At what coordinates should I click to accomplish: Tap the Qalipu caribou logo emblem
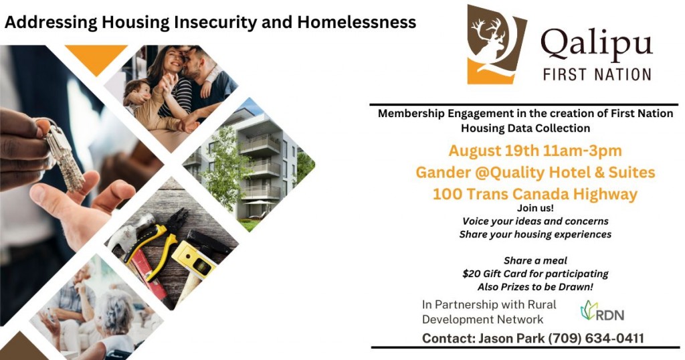[x=496, y=44]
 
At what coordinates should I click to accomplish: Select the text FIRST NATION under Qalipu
[x=597, y=74]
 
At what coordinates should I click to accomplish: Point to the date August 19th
[x=494, y=151]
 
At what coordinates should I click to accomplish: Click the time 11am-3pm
[x=583, y=151]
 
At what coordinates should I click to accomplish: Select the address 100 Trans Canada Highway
[x=535, y=193]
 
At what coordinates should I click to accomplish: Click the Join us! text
[x=535, y=208]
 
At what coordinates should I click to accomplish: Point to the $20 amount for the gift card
[x=471, y=274]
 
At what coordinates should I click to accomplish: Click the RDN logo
[x=602, y=311]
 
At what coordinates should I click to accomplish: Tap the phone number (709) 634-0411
[x=596, y=338]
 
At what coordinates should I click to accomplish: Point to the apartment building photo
[x=249, y=165]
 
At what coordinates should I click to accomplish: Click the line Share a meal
[x=535, y=260]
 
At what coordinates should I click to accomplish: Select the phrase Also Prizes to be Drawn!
[x=535, y=287]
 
